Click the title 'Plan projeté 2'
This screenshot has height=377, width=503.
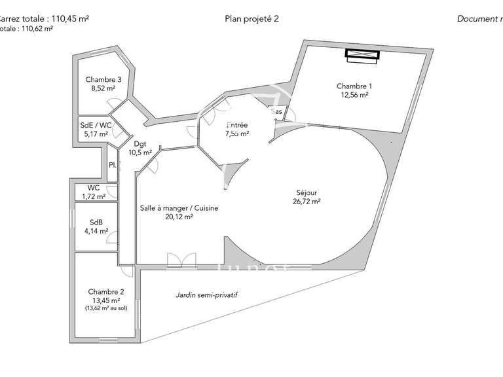[251, 19]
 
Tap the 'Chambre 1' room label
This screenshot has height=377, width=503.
[354, 86]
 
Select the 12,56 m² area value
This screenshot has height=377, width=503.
[354, 95]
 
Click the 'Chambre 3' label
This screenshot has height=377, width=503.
[103, 80]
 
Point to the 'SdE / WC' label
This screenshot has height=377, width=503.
[96, 126]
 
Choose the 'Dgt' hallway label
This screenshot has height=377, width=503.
[140, 144]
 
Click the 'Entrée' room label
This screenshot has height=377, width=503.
[236, 124]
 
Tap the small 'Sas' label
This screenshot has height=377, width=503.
[278, 112]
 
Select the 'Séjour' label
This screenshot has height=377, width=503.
[306, 193]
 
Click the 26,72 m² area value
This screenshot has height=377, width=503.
[306, 202]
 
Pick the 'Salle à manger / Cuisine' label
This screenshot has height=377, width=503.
[179, 208]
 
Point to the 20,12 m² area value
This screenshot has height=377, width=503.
[179, 217]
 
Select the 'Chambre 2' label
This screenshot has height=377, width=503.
[105, 292]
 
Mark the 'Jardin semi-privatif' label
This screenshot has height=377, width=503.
[206, 295]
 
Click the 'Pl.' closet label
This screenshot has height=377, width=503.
[113, 165]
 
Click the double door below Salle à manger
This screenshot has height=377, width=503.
[181, 260]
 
